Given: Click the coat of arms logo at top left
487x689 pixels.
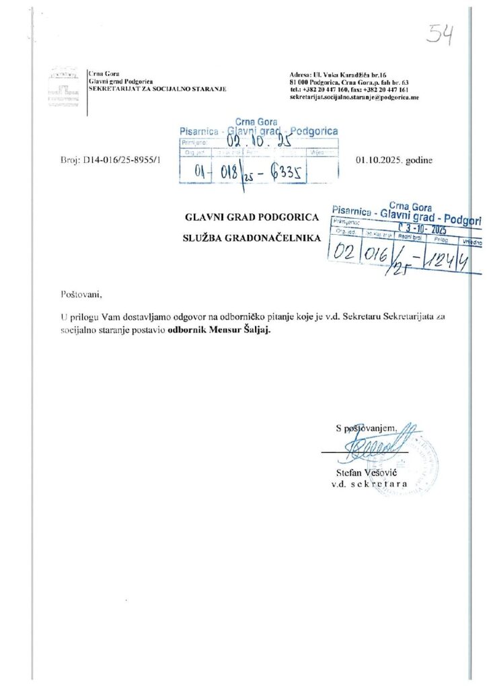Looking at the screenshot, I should (65, 86).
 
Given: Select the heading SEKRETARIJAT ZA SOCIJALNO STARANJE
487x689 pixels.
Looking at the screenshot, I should (157, 88).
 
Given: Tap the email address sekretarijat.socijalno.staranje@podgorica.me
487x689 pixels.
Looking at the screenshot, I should (354, 98).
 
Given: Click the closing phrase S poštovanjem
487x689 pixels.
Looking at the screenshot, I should (367, 427).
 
